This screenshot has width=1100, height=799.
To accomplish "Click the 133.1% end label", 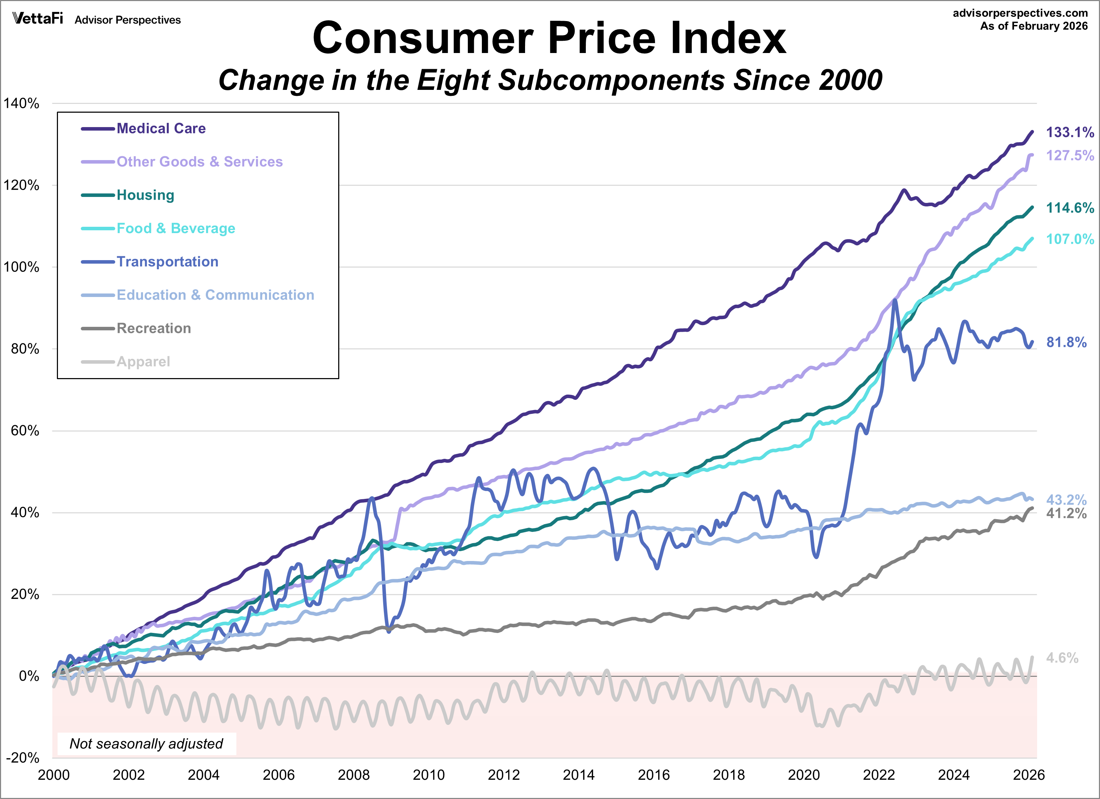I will pyautogui.click(x=1069, y=132).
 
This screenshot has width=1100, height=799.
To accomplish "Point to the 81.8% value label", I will pyautogui.click(x=1066, y=342).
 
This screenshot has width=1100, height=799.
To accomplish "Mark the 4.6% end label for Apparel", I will pyautogui.click(x=1062, y=658).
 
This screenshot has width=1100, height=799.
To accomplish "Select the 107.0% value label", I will pyautogui.click(x=1069, y=239).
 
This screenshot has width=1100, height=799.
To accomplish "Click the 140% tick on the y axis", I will pyautogui.click(x=21, y=103).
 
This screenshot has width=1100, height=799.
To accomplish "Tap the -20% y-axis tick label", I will pyautogui.click(x=22, y=757).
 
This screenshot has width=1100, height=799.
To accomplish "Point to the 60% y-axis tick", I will pyautogui.click(x=25, y=430).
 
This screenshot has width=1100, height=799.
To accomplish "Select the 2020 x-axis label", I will pyautogui.click(x=803, y=775).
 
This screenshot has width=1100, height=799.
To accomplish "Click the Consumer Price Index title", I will pyautogui.click(x=549, y=39).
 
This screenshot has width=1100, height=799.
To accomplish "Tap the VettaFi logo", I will pyautogui.click(x=38, y=19).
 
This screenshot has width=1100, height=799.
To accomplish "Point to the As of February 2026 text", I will pyautogui.click(x=1034, y=26).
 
